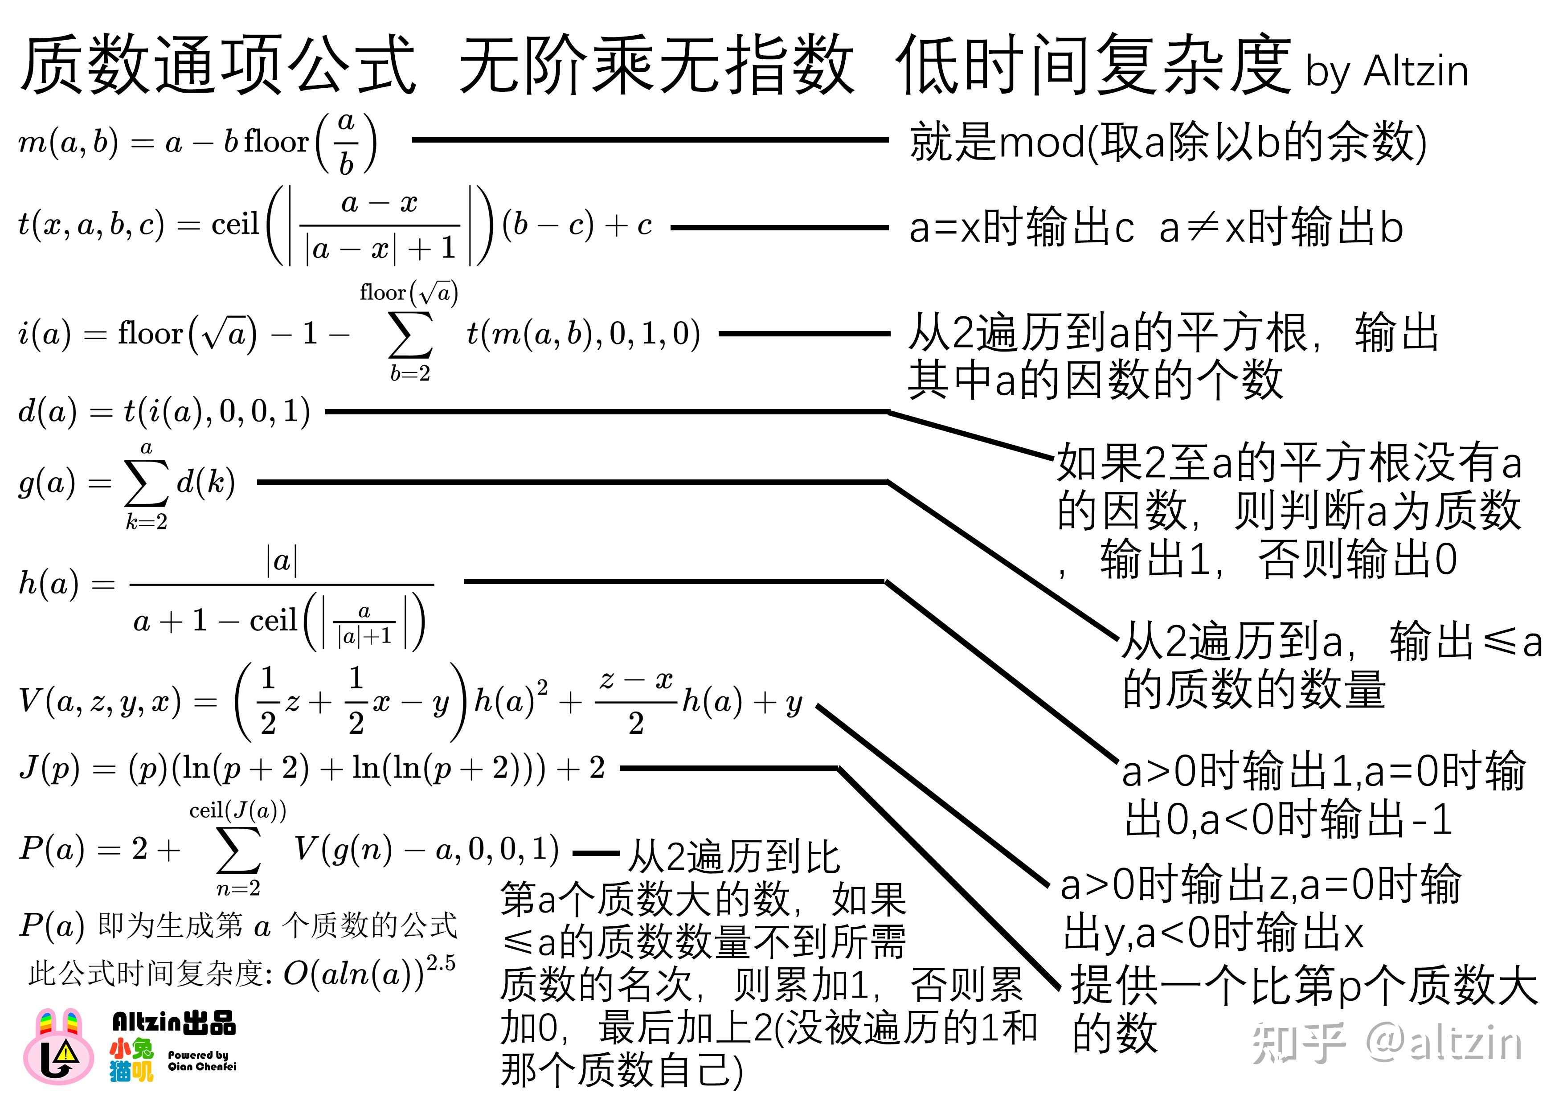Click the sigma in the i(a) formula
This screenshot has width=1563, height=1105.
(410, 334)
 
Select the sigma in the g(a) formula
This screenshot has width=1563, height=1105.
(146, 482)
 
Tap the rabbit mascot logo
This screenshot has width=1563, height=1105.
(59, 1047)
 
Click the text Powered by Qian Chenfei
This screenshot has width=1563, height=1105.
(202, 1060)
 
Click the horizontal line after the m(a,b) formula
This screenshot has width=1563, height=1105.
(650, 139)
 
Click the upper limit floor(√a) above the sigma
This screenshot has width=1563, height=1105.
(409, 292)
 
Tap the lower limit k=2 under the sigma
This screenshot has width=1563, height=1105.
(146, 521)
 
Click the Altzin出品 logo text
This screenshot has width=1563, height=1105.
(174, 1022)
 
